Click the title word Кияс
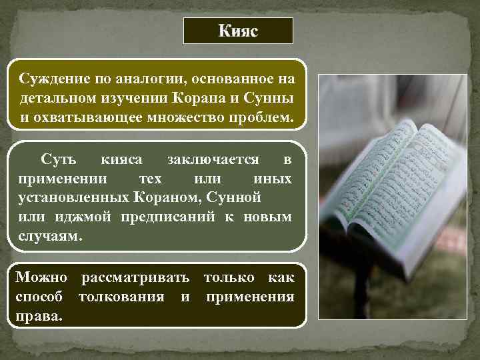pyautogui.click(x=238, y=31)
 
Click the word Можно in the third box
pyautogui.click(x=41, y=277)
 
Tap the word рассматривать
pyautogui.click(x=134, y=277)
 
